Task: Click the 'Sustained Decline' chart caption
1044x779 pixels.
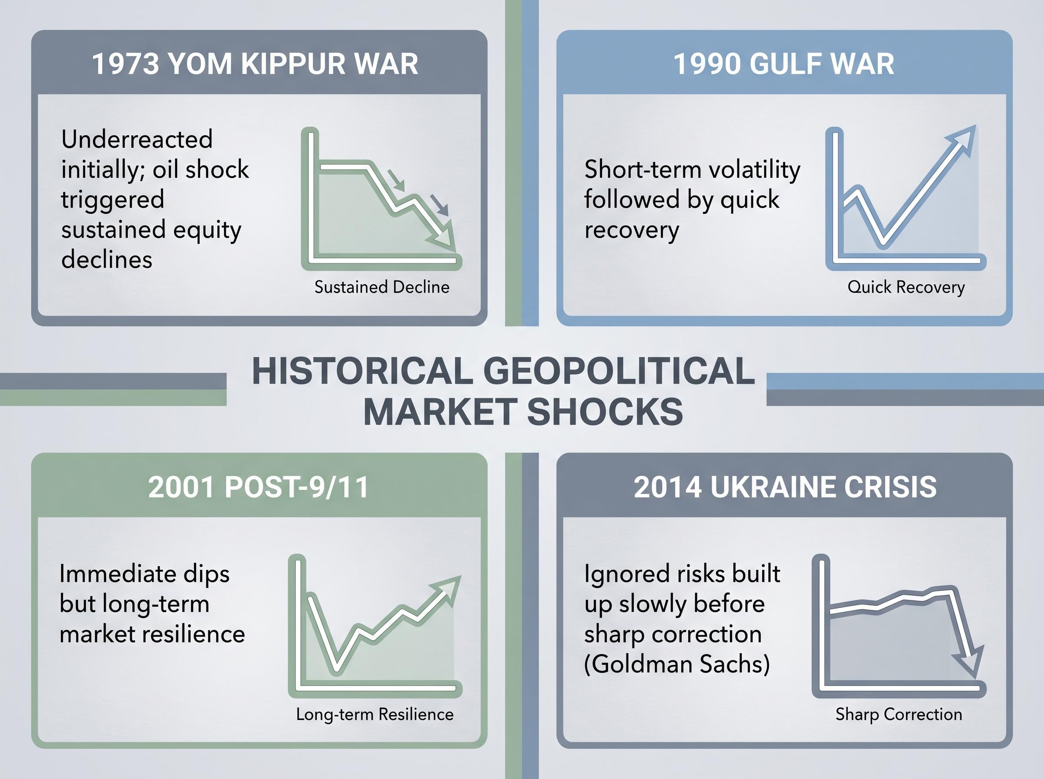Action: click(381, 287)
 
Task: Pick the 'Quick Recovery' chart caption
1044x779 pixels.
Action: click(906, 287)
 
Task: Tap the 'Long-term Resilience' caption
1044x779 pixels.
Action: click(375, 714)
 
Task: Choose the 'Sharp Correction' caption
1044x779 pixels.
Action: click(899, 714)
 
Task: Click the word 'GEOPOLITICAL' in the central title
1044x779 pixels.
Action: click(619, 371)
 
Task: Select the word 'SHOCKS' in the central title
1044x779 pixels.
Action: click(604, 411)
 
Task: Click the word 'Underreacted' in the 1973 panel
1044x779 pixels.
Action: click(137, 139)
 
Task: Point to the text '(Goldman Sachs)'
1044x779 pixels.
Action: click(677, 664)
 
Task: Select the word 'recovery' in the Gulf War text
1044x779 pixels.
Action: click(632, 230)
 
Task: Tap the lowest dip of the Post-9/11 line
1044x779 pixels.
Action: click(336, 667)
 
